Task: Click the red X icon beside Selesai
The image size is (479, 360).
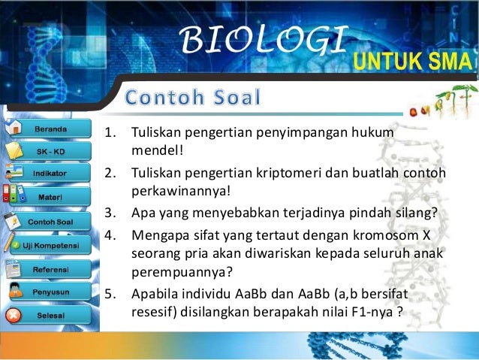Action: pos(13,315)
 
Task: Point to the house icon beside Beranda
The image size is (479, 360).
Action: pos(13,128)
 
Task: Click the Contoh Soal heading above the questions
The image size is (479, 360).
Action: pos(193,98)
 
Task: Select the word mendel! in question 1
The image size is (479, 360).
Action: pos(152,149)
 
